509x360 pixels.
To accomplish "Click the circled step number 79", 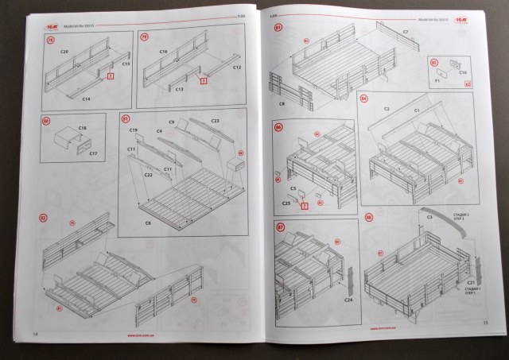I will (x=144, y=37).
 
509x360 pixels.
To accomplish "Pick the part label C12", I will (x=236, y=68).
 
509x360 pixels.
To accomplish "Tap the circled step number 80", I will (x=46, y=122).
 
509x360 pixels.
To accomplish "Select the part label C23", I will (x=215, y=120).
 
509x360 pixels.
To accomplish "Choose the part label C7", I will (x=405, y=32).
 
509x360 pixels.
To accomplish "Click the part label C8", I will (x=282, y=104).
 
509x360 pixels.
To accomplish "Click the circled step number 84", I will (x=363, y=99).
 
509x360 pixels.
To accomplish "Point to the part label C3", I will (x=429, y=217).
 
